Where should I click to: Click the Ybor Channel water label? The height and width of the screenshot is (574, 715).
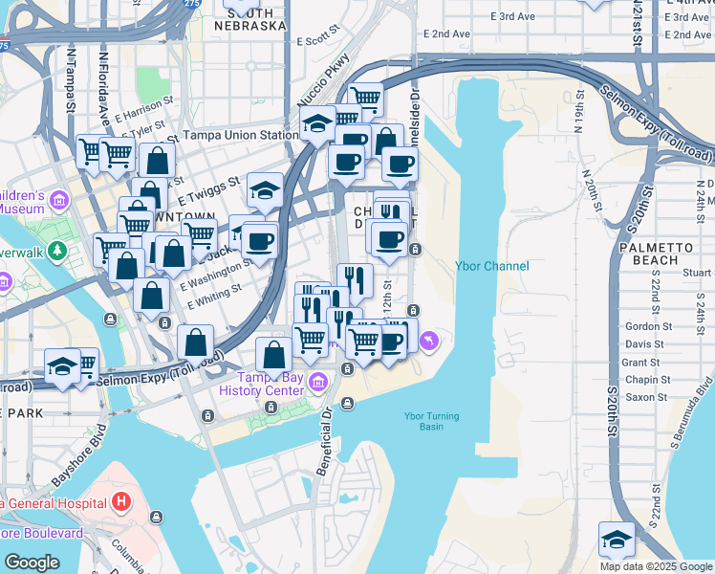[x=491, y=266]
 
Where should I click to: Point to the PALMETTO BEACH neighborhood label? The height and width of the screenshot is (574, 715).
[x=648, y=253]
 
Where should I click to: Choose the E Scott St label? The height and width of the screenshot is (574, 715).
[x=319, y=41]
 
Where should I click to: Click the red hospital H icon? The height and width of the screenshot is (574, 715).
[x=120, y=501]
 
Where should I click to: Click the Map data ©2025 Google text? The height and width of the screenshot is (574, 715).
[x=655, y=566]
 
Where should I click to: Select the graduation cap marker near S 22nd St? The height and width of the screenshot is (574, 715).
[x=617, y=539]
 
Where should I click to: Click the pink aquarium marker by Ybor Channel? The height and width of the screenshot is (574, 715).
[x=429, y=340]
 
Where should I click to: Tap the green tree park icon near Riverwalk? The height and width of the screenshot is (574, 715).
[x=57, y=252]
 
